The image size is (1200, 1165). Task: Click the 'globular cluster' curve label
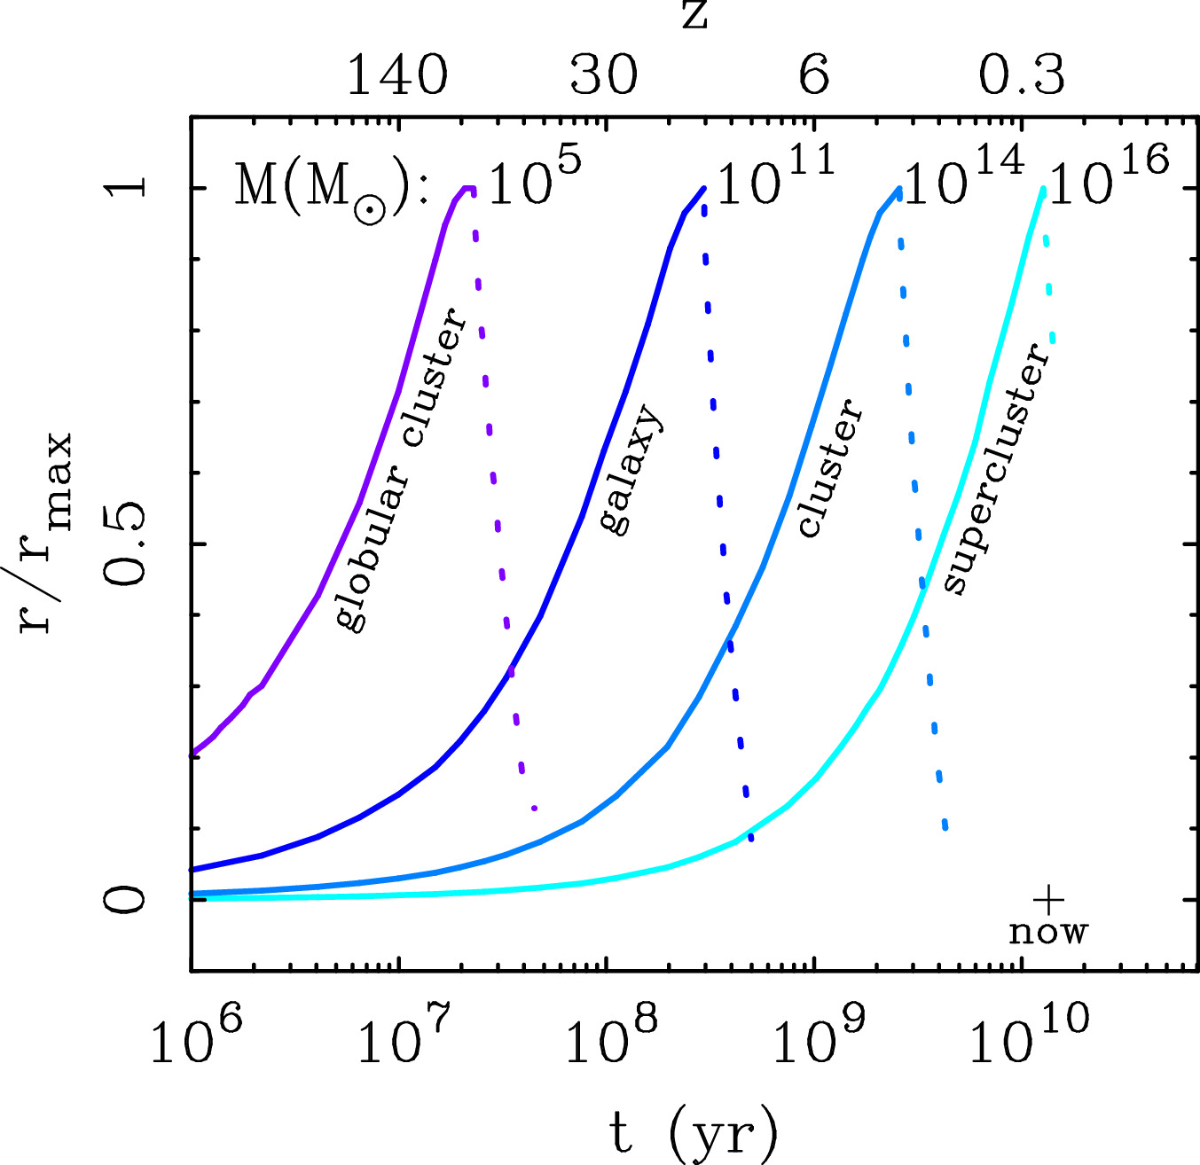[x=402, y=469]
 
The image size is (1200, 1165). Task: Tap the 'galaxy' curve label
[x=631, y=470]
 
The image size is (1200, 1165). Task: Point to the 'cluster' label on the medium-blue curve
[x=829, y=468]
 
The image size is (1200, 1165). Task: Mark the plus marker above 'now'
[x=1048, y=900]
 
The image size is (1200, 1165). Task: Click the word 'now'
[x=1048, y=932]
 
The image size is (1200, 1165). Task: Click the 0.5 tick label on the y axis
[x=124, y=543]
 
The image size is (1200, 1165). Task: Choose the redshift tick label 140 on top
[x=396, y=75]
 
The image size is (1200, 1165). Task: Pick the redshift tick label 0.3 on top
[x=1022, y=75]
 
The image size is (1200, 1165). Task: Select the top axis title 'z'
[x=694, y=15]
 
